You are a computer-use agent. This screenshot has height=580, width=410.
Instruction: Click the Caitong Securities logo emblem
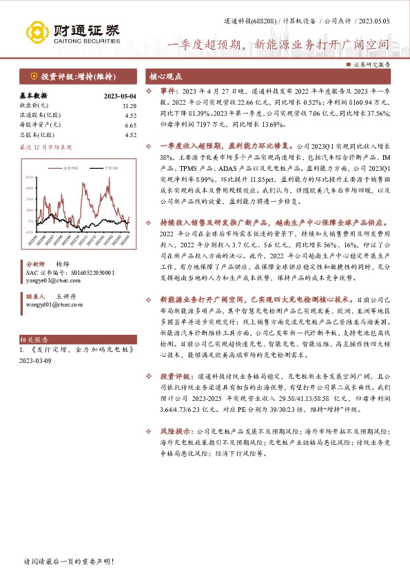[37, 31]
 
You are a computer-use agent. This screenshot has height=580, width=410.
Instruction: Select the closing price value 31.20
[129, 106]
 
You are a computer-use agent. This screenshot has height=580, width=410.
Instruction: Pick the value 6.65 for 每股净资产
[130, 125]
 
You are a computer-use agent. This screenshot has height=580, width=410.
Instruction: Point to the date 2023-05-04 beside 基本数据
[120, 96]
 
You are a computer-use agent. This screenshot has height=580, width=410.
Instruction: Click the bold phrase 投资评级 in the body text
[174, 377]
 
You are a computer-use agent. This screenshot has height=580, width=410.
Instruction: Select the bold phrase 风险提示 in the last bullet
[174, 429]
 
